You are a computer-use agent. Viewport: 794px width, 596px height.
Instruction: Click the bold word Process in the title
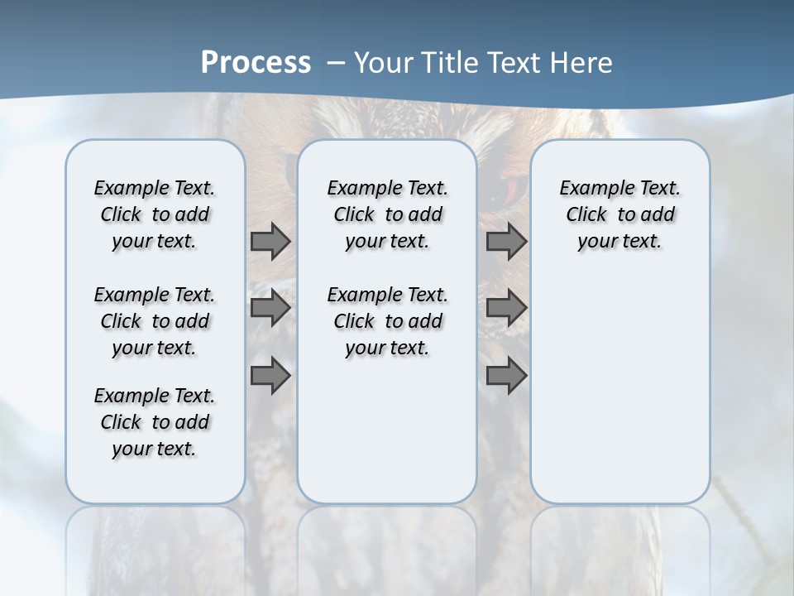[x=256, y=63]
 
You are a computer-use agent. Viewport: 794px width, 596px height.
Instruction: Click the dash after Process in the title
[x=336, y=64]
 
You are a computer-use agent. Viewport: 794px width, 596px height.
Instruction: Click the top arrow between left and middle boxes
[x=270, y=241]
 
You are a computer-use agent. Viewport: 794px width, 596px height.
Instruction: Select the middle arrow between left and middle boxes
[x=270, y=308]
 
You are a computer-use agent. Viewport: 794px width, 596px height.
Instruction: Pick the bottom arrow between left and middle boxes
[x=270, y=375]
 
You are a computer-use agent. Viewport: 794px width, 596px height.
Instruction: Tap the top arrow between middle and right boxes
[x=506, y=241]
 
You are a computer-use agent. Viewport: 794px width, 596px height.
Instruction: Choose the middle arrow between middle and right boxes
[x=506, y=308]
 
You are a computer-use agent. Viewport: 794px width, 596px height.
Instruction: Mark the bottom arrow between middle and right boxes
[x=506, y=375]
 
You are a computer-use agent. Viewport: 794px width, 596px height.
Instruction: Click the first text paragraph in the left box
[x=155, y=214]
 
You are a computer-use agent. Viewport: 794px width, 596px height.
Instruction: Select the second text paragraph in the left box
[x=155, y=321]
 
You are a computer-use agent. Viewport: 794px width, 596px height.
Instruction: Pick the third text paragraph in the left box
[x=155, y=422]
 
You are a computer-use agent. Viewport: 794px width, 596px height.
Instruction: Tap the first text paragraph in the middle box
[x=388, y=214]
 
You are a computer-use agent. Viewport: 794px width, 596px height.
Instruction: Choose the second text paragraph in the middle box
[x=388, y=321]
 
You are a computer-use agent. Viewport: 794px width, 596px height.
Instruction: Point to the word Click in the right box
[x=586, y=215]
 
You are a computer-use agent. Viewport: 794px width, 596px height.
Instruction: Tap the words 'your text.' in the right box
[x=619, y=242]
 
